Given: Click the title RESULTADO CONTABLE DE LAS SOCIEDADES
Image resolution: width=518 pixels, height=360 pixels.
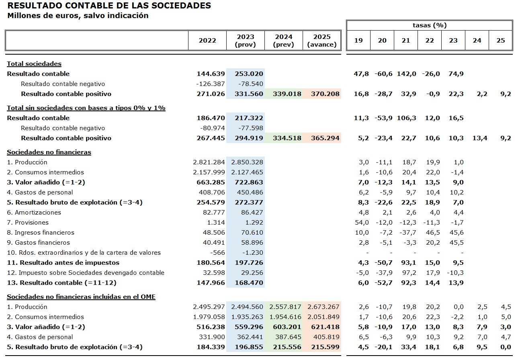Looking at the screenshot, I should pyautogui.click(x=109, y=6).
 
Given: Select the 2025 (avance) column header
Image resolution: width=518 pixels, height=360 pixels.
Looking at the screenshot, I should pyautogui.click(x=322, y=41).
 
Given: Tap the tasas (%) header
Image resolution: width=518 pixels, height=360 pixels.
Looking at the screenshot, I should pyautogui.click(x=430, y=25).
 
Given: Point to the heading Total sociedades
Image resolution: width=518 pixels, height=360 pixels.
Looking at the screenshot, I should pyautogui.click(x=34, y=64).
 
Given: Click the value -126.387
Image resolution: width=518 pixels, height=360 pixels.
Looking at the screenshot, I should pyautogui.click(x=209, y=84).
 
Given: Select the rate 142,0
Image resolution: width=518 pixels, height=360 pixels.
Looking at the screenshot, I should pyautogui.click(x=406, y=74).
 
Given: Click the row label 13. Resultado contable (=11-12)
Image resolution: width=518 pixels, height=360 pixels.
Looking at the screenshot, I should pyautogui.click(x=61, y=283).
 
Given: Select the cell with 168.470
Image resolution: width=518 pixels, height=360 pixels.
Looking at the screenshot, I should pyautogui.click(x=249, y=283).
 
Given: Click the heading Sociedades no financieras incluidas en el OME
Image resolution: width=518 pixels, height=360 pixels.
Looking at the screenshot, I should pyautogui.click(x=81, y=297).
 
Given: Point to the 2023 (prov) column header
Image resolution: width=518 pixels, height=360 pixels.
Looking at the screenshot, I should pyautogui.click(x=245, y=41).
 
